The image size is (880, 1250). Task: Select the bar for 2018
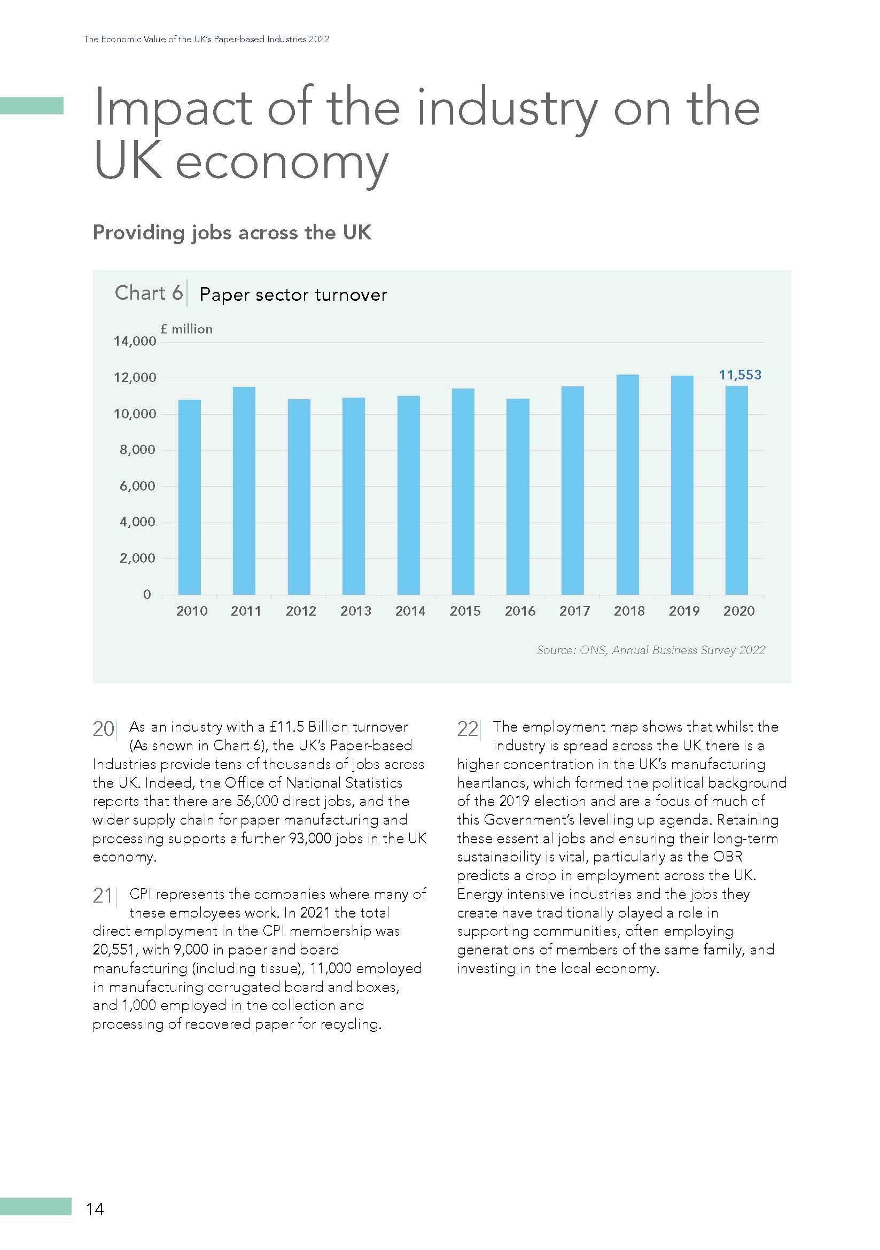[627, 484]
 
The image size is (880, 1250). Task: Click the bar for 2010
[189, 496]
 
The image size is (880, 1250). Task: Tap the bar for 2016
[518, 496]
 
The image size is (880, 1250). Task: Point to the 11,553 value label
[739, 375]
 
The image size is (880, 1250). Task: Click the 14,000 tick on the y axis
[135, 341]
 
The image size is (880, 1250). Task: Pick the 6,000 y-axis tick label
[137, 486]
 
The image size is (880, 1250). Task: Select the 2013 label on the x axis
[355, 611]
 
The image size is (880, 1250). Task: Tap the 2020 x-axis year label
[738, 611]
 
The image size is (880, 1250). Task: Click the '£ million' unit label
[186, 329]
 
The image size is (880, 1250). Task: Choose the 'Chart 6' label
[148, 293]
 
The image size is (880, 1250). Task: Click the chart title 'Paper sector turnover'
[293, 294]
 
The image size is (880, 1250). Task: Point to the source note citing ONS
[650, 649]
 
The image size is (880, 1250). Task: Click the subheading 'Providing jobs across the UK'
[232, 232]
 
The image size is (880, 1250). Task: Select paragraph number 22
[467, 728]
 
